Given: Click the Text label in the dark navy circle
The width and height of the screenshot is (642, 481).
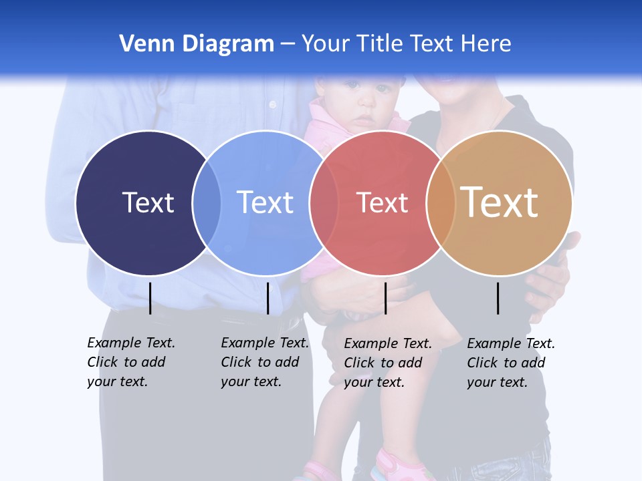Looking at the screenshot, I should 148,202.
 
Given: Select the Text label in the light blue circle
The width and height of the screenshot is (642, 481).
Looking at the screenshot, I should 265,202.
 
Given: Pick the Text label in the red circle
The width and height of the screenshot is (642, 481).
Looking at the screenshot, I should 382,203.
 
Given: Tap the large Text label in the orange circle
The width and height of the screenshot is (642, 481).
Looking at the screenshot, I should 500,202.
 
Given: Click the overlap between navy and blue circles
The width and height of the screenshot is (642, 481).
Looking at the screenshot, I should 207,202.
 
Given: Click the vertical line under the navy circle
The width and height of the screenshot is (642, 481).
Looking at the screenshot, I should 150,298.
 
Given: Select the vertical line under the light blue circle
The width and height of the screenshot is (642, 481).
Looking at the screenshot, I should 267,298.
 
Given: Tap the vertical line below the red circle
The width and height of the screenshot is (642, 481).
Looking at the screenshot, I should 385,298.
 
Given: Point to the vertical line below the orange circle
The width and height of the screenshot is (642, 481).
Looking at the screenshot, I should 498,298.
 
